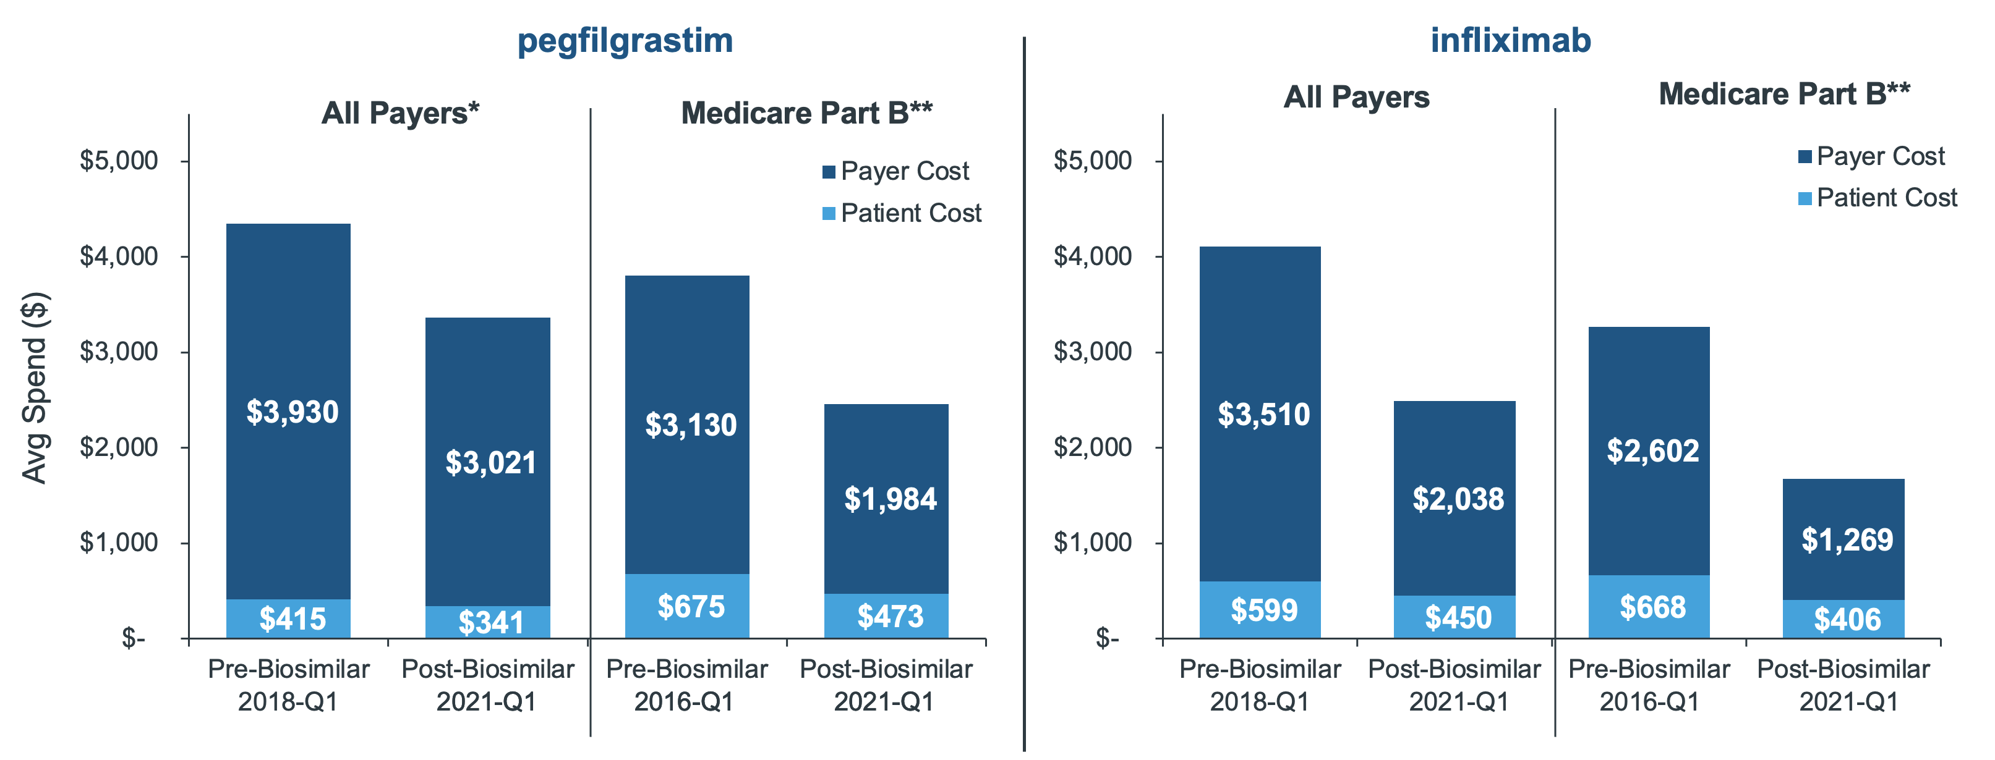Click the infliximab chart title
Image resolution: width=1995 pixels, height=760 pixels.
click(1510, 41)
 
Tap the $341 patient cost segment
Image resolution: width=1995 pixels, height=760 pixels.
click(488, 622)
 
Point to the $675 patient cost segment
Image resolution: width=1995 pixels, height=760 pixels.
click(687, 606)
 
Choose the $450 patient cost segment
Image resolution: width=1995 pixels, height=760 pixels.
click(1455, 617)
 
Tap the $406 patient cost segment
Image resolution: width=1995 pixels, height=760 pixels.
click(1843, 619)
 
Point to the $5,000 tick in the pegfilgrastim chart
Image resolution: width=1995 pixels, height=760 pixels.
click(119, 161)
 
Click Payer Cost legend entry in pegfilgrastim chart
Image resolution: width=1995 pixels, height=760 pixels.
click(895, 171)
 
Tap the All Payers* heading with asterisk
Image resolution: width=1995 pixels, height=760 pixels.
click(399, 114)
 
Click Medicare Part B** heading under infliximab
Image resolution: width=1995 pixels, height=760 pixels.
click(1784, 95)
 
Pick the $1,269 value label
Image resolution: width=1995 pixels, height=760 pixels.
click(1847, 540)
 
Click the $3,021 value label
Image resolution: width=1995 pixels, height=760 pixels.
click(490, 463)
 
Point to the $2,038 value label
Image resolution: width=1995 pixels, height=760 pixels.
click(1458, 499)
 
